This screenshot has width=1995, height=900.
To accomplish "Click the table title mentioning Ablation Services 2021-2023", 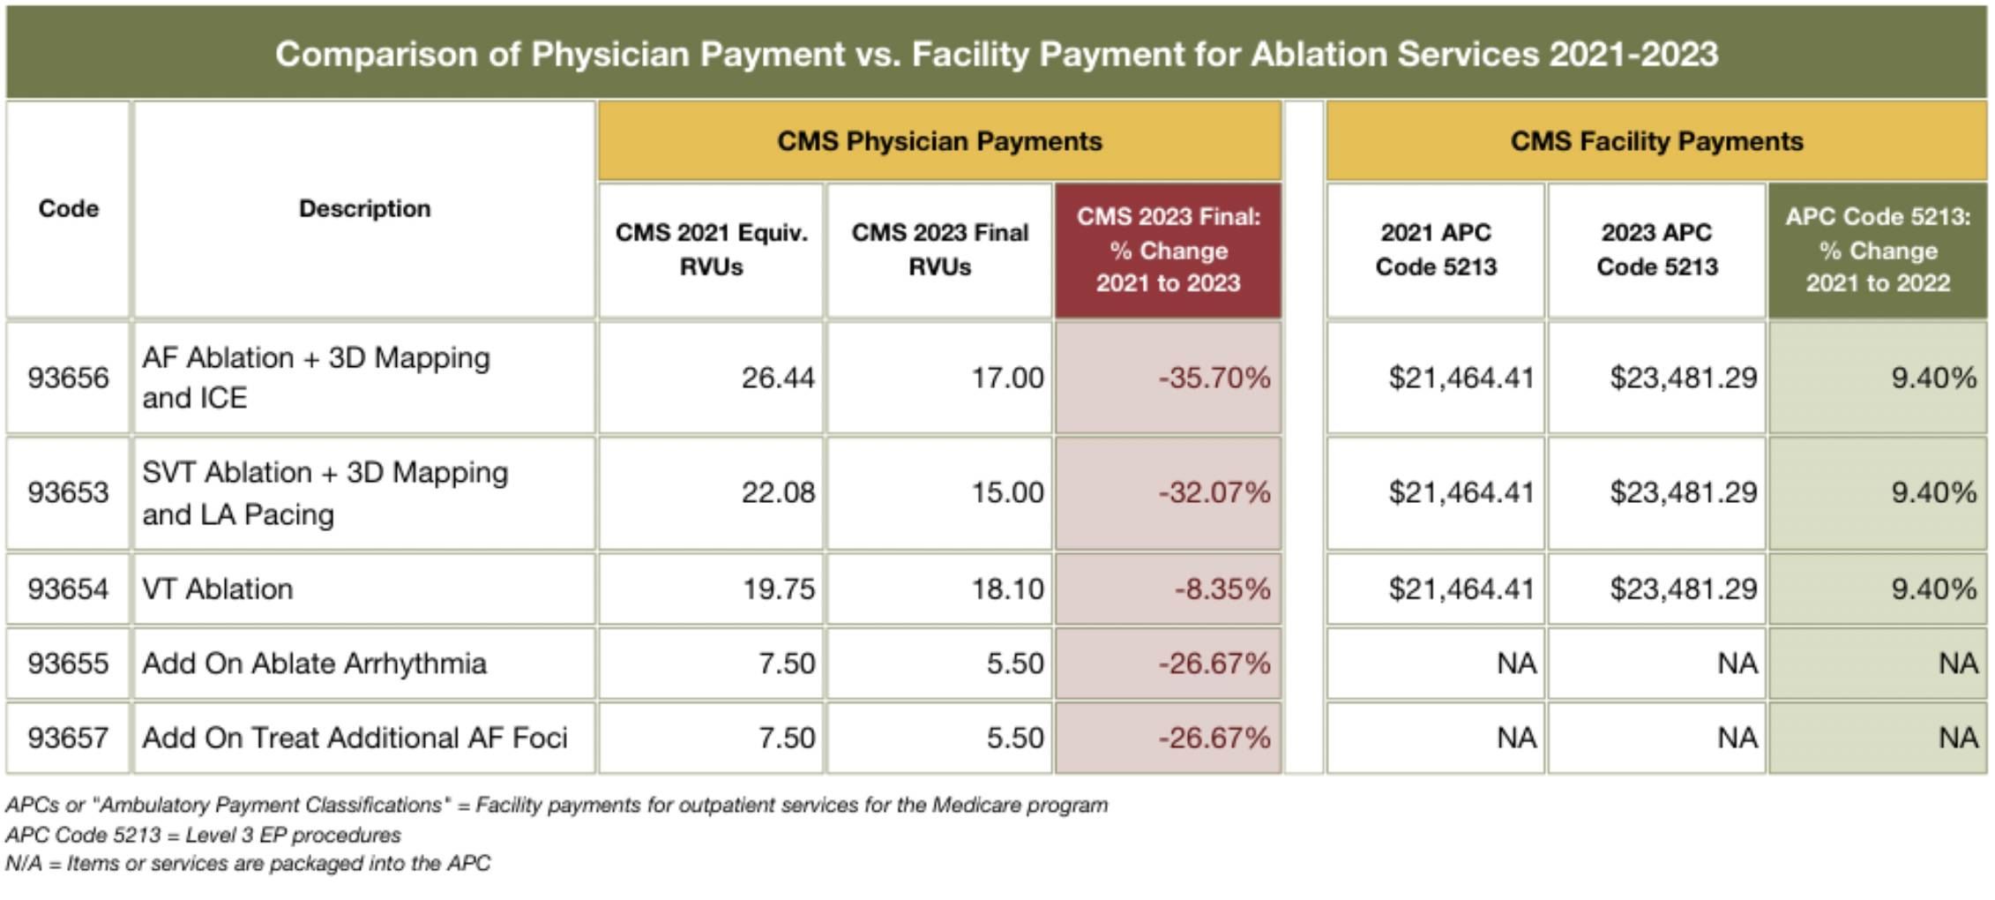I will (997, 54).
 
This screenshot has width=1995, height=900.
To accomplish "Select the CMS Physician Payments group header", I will (939, 141).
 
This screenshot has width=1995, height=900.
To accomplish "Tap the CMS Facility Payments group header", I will (1656, 141).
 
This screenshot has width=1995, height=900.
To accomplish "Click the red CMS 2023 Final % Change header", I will (1168, 250).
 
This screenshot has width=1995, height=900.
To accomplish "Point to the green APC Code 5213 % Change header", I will (1878, 250).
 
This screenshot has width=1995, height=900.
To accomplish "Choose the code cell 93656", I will (68, 378).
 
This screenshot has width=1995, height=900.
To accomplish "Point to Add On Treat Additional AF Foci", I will (355, 738).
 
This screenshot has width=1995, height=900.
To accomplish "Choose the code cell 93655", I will (68, 664).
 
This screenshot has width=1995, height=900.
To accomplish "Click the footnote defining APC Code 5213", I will (203, 835).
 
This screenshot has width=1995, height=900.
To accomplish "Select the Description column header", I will (364, 209).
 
